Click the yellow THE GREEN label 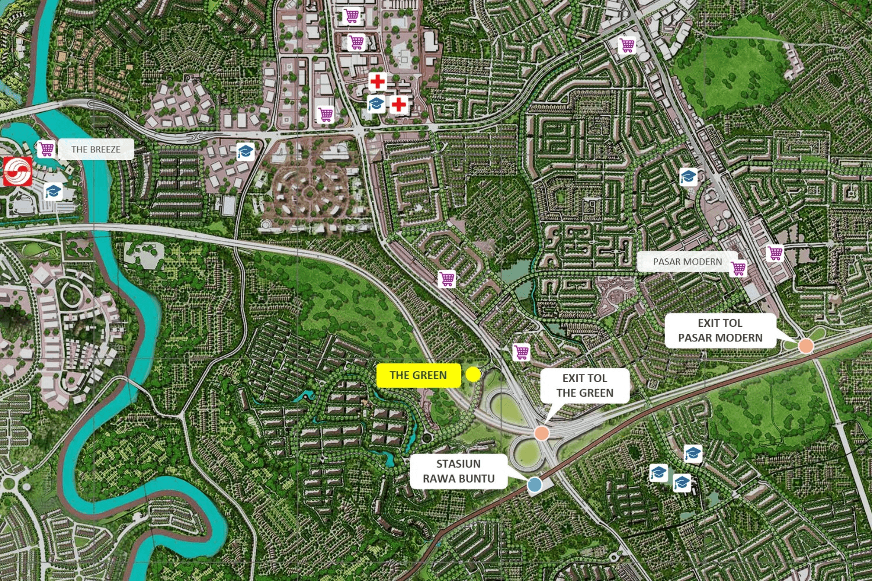coord(418,376)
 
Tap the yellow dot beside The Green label coord(473,375)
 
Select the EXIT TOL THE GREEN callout coord(584,386)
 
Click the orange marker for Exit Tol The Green coord(541,433)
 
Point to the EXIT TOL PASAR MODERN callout coord(720,330)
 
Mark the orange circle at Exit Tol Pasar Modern coord(805,346)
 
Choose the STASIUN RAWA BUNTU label coord(458,471)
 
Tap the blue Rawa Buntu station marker coord(534,484)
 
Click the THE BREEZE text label coord(96,149)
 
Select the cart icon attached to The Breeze coord(47,149)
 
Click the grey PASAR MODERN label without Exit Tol coord(687,262)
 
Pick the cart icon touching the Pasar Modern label coord(738,268)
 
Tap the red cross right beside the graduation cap coord(398,105)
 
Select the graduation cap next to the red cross coord(376,104)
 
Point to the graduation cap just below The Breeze coord(53,191)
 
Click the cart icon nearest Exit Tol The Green coord(521,352)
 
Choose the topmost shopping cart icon coord(351,16)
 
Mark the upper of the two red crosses coord(377,81)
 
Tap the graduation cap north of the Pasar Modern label coord(688,176)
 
